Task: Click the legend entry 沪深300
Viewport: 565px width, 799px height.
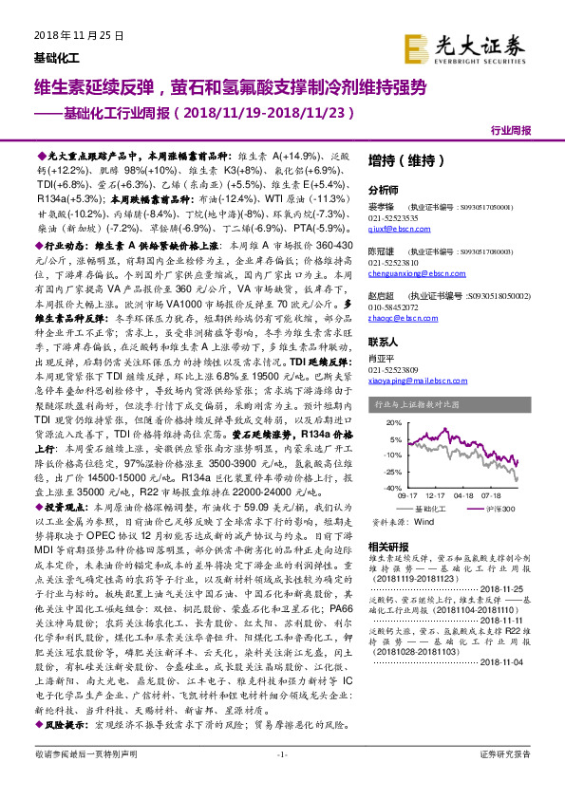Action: [x=500, y=509]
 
